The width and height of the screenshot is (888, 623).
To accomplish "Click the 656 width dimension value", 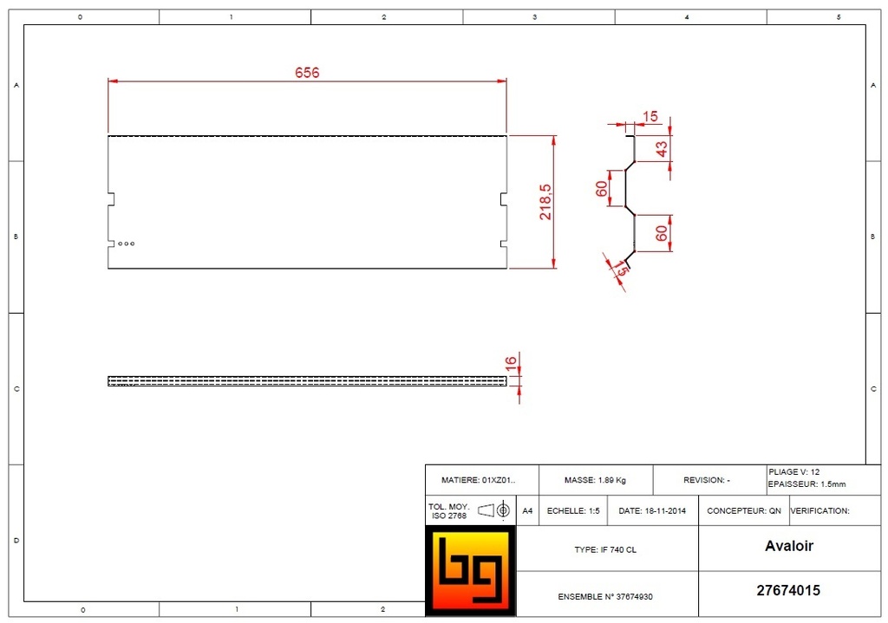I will [307, 73].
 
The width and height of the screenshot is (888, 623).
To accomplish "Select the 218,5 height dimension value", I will [545, 201].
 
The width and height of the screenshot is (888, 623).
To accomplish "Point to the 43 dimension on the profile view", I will [662, 148].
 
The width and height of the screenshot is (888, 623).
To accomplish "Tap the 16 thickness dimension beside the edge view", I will [511, 361].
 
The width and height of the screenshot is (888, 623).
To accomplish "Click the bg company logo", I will [470, 571].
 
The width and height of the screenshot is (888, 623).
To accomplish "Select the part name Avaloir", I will [788, 546].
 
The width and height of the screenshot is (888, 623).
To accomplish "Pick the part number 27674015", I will [788, 591].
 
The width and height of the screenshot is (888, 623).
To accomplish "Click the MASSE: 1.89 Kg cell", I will [595, 480].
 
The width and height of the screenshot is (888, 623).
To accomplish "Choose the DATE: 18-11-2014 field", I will [652, 510].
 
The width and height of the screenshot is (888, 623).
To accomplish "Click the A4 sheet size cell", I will [527, 510].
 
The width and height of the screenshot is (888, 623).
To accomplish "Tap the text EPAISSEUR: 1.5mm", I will [806, 484].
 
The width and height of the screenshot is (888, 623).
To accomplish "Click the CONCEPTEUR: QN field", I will [744, 510].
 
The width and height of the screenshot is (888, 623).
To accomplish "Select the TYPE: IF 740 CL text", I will [605, 549].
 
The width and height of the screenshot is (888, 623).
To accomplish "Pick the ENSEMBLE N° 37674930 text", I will [605, 596].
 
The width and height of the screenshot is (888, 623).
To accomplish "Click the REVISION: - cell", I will [707, 480].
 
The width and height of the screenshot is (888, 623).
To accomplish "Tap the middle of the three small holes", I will [126, 243].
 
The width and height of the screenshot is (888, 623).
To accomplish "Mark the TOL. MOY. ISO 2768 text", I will [449, 511].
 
